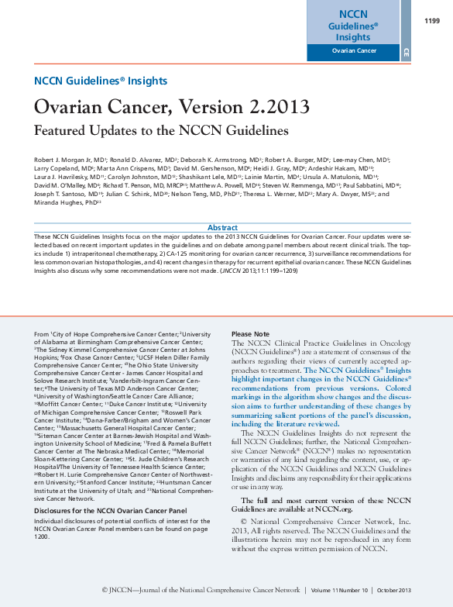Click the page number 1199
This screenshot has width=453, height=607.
pyautogui.click(x=432, y=21)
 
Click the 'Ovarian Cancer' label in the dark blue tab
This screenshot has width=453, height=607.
pyautogui.click(x=354, y=51)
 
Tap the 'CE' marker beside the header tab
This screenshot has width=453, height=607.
pyautogui.click(x=406, y=53)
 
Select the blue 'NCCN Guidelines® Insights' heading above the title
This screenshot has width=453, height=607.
pyautogui.click(x=101, y=81)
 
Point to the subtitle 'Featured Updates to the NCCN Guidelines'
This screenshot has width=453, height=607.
pyautogui.click(x=161, y=130)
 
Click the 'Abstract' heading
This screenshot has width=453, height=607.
pyautogui.click(x=223, y=227)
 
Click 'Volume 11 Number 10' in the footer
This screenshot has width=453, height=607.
pyautogui.click(x=340, y=591)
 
